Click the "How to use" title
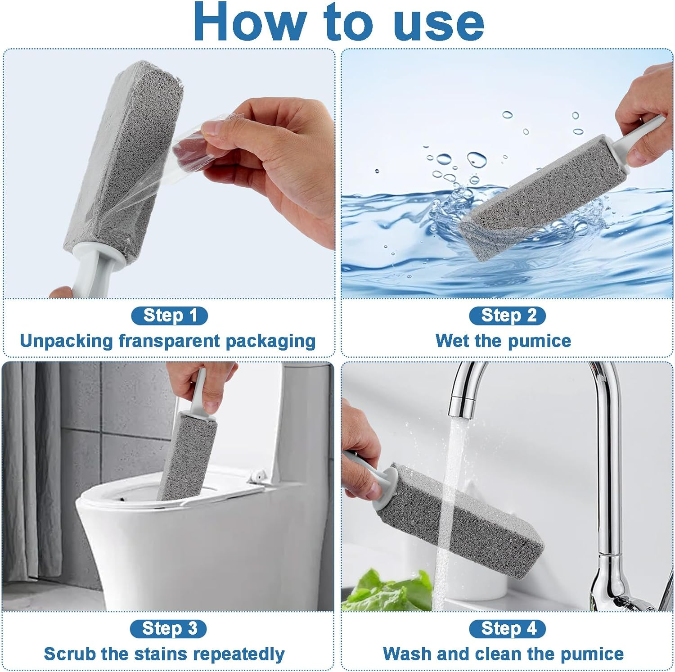click(x=338, y=23)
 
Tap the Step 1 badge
click(x=169, y=316)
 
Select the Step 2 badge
click(x=507, y=316)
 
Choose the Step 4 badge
click(x=507, y=628)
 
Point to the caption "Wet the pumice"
click(x=503, y=341)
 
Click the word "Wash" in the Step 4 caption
click(x=402, y=654)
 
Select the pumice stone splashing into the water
click(x=540, y=198)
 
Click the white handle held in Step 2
click(x=639, y=135)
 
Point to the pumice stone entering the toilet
click(x=184, y=455)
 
